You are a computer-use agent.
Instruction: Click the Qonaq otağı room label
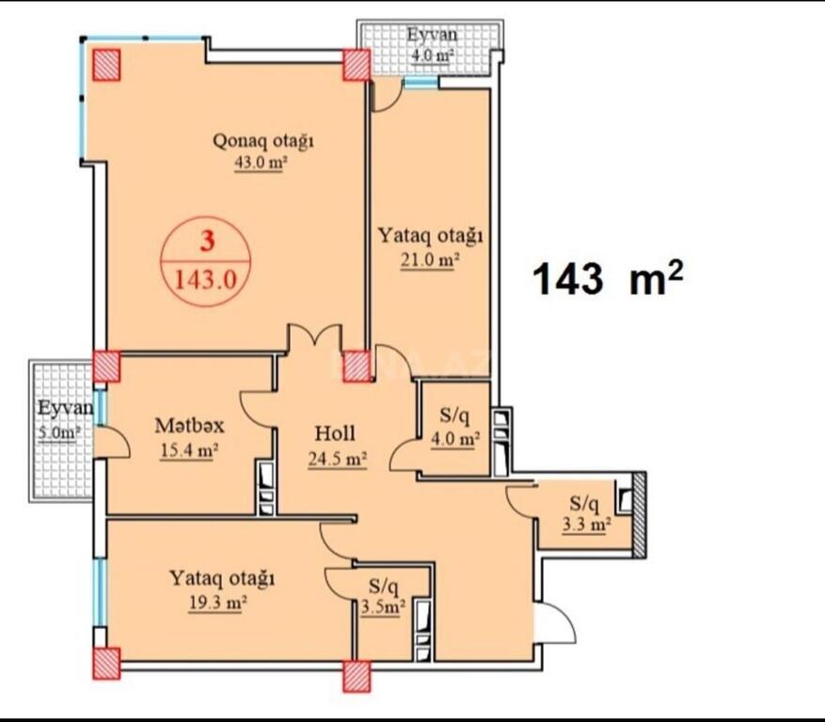[263, 142]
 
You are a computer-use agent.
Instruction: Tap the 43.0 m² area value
[260, 164]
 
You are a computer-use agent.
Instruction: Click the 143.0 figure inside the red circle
[206, 280]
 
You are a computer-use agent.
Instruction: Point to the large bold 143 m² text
[608, 278]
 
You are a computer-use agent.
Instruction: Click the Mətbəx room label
[189, 426]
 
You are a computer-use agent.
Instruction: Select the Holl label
[335, 433]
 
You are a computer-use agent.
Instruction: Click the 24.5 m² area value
[338, 459]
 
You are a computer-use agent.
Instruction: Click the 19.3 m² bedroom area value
[218, 604]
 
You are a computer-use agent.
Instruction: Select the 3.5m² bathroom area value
[383, 607]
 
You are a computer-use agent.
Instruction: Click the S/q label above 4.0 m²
[454, 416]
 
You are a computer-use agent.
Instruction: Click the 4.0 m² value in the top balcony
[432, 55]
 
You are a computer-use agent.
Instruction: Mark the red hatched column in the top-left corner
[107, 65]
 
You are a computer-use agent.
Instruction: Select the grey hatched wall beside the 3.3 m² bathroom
[640, 515]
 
